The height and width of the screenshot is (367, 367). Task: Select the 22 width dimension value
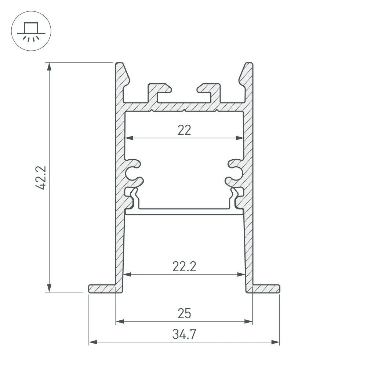(x=184, y=130)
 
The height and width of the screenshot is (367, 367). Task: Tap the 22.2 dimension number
(x=184, y=266)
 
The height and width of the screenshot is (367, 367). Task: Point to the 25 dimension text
(x=184, y=314)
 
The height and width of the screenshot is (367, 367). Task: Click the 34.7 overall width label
(x=184, y=334)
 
